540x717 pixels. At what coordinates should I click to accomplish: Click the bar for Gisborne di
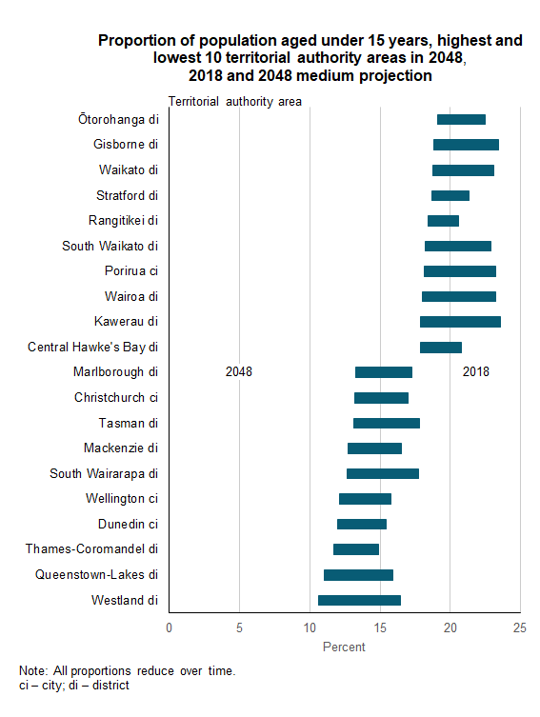466,145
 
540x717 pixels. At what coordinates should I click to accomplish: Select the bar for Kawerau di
460,322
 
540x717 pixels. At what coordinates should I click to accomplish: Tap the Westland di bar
359,600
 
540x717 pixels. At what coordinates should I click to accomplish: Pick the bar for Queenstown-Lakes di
358,575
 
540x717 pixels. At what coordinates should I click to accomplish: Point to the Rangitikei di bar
443,221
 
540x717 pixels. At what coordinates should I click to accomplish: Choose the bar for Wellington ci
365,499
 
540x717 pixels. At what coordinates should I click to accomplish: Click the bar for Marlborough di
383,372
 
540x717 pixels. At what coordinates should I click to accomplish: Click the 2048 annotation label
239,372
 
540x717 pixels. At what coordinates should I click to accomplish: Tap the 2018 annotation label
475,372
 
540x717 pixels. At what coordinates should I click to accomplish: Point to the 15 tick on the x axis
380,627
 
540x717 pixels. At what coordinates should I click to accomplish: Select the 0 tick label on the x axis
170,627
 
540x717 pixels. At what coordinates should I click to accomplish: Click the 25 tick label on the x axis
520,627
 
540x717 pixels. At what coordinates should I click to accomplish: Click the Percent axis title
344,647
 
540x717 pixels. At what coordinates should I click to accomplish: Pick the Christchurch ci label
115,397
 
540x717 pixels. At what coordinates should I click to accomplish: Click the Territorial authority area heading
235,102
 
